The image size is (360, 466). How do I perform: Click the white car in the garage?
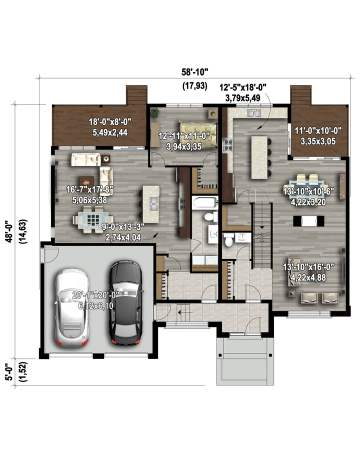tap(71, 307)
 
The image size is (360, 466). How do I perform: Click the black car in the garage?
tap(125, 303)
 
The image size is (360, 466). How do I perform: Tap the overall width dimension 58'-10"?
tap(194, 71)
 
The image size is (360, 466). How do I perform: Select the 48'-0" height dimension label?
tap(9, 231)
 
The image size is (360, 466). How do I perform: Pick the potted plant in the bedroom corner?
tap(154, 112)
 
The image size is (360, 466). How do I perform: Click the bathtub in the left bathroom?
tap(204, 203)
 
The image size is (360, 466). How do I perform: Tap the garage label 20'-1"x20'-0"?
tap(96, 294)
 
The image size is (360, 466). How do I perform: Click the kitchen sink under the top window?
tap(254, 113)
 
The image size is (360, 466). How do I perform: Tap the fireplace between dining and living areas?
tap(309, 221)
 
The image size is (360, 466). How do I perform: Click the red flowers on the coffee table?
tap(86, 182)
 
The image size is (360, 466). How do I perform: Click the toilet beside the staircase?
tap(228, 240)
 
